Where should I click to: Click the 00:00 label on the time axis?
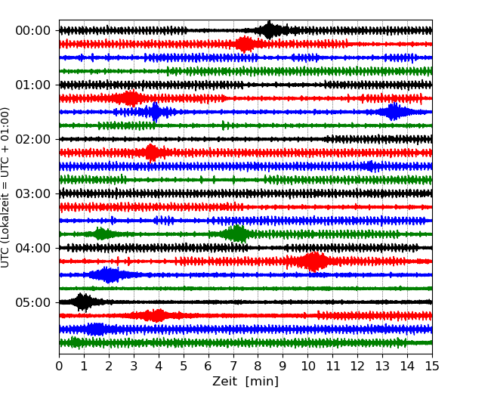tap(32, 30)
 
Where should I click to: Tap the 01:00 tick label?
tap(32, 85)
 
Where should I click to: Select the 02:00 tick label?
tap(32, 139)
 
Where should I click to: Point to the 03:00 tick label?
tap(32, 193)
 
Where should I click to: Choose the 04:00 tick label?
tap(32, 248)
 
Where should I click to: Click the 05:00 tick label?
tap(32, 302)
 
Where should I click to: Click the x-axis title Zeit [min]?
tap(246, 382)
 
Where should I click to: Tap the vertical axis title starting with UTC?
tap(6, 187)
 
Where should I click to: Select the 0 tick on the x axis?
tap(60, 367)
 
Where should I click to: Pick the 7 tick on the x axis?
tap(233, 367)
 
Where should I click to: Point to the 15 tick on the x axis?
tap(431, 367)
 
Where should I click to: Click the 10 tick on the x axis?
tap(307, 367)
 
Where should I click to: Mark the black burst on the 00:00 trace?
tap(270, 30)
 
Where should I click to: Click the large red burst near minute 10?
tap(313, 261)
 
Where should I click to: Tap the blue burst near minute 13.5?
tap(393, 112)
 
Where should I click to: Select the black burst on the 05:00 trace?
tap(82, 302)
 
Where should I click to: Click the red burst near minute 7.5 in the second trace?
tap(245, 44)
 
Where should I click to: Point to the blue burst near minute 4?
tap(155, 112)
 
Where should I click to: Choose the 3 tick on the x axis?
tap(134, 367)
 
